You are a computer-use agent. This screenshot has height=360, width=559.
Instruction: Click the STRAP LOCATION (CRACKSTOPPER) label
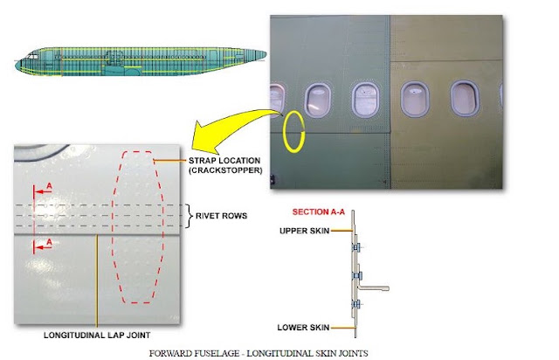click(225, 165)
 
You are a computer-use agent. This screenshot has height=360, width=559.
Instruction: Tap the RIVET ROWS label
click(221, 216)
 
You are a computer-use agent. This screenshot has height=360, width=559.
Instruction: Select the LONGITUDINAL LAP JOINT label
click(97, 335)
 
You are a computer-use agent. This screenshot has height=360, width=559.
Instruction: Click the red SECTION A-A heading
click(319, 212)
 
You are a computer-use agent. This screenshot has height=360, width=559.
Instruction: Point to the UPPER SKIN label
click(304, 231)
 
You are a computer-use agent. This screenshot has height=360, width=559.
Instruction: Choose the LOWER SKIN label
click(303, 327)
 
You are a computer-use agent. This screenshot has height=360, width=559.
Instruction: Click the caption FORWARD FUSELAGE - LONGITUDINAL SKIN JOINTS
click(259, 353)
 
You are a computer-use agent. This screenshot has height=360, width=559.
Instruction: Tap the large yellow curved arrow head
click(203, 137)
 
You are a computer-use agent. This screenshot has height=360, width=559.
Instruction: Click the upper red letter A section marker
click(49, 186)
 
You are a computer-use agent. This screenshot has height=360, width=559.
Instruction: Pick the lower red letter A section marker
click(49, 242)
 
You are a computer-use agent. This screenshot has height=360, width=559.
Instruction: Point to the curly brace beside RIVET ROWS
click(190, 216)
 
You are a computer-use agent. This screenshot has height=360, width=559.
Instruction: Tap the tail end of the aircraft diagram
click(265, 54)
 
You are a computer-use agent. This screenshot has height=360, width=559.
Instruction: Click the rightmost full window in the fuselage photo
click(464, 98)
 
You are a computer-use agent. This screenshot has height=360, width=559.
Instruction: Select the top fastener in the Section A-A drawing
click(355, 247)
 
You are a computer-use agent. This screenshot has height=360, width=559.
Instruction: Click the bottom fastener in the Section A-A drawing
click(356, 304)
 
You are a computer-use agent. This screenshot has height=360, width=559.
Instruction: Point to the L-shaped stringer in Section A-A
click(373, 287)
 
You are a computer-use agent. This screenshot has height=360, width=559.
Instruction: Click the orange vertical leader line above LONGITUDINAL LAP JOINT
click(97, 280)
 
